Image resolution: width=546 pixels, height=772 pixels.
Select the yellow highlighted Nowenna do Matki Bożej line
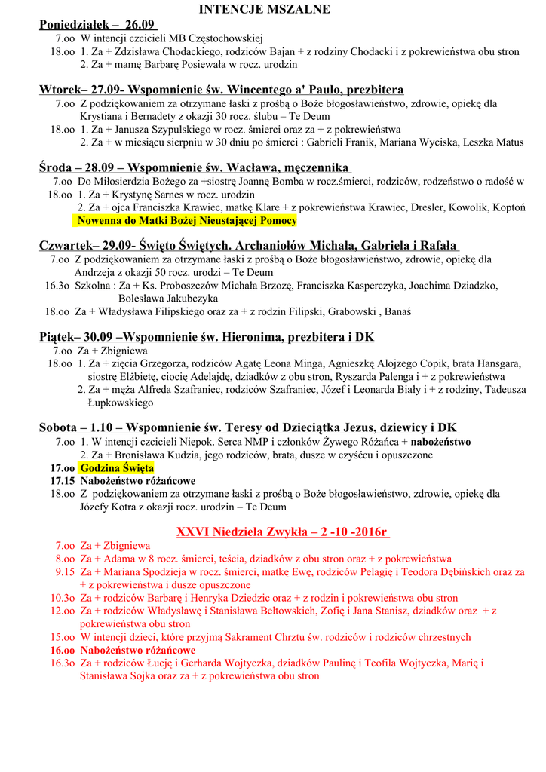(x=186, y=221)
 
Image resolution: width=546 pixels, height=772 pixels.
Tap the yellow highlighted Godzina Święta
(x=117, y=468)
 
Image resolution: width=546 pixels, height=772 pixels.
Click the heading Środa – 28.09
(x=195, y=167)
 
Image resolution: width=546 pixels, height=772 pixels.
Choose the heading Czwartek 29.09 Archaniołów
(x=249, y=246)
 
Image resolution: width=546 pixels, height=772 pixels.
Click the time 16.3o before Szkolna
(x=57, y=286)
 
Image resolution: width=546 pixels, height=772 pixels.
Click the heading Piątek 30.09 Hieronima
(x=206, y=336)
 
